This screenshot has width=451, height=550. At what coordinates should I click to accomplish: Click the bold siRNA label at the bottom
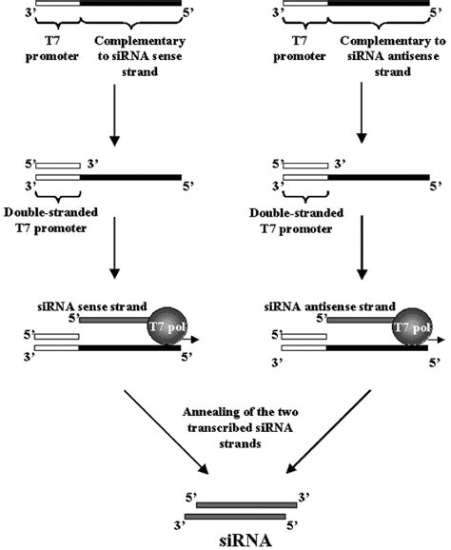[244, 539]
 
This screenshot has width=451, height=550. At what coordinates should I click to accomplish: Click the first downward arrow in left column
[115, 113]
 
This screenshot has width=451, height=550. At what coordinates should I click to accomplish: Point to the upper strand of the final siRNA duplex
[245, 503]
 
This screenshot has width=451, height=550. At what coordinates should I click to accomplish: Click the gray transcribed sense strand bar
[111, 321]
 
